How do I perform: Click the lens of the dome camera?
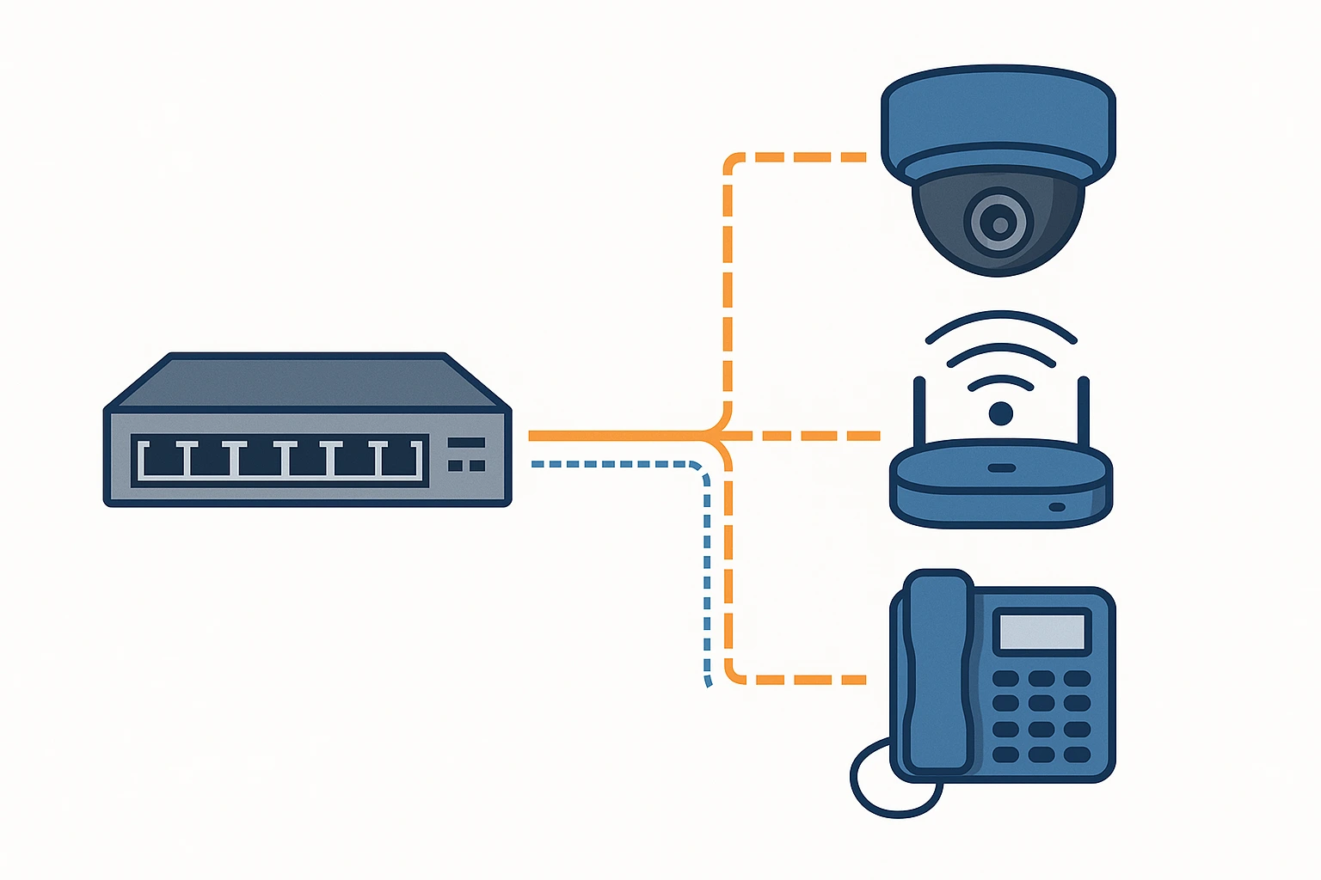coord(999,223)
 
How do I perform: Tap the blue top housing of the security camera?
coord(998,112)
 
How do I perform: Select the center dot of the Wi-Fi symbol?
coord(1000,414)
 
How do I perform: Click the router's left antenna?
coord(919,412)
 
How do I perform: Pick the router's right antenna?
coord(1083,412)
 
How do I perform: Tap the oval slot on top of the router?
coord(1000,468)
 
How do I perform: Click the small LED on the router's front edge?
coord(1057,507)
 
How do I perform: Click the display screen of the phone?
coord(1041,632)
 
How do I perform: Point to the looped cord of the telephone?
coord(886,782)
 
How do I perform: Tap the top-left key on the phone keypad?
coord(1005,679)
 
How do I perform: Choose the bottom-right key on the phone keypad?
coord(1077,755)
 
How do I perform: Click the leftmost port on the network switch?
coord(163,461)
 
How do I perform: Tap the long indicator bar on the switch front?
coord(466,443)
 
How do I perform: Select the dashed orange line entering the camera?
coord(800,157)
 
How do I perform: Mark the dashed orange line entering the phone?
coord(800,679)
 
